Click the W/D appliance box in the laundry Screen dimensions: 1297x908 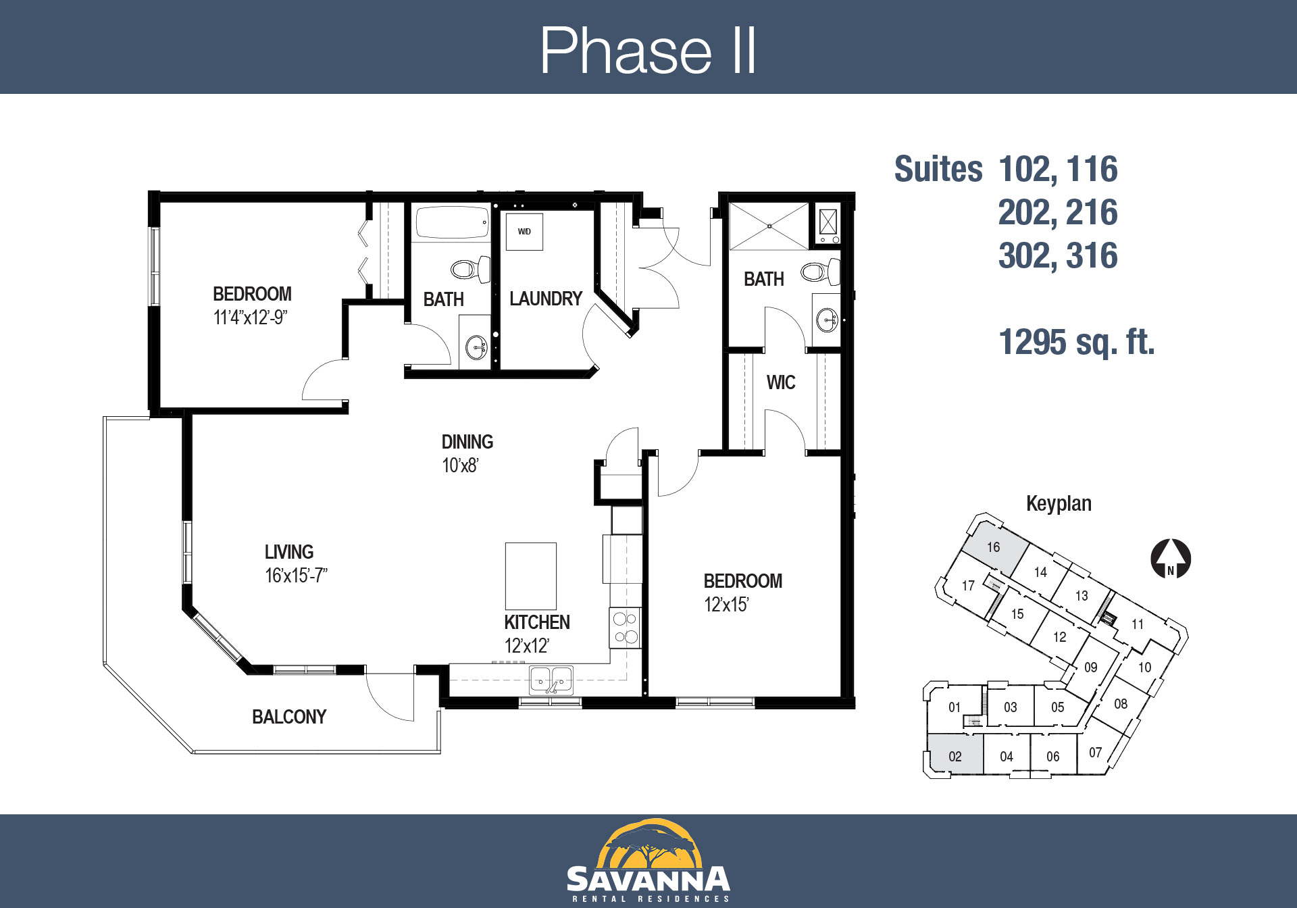coord(524,232)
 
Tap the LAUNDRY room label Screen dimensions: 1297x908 coord(546,299)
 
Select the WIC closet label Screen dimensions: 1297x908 coord(781,382)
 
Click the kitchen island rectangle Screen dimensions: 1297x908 coord(531,576)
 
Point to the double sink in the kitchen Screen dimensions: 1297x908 coord(551,680)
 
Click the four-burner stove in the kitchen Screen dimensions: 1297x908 coord(625,628)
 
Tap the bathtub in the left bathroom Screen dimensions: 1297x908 coord(452,222)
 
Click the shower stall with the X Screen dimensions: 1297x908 coord(769,226)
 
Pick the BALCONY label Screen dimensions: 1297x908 coord(289,717)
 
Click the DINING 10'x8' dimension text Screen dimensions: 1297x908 coord(460,465)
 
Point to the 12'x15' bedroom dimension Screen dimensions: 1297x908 coord(726,605)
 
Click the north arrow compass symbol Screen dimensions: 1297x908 coord(1171,559)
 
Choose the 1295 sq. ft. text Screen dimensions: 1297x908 coord(1077,342)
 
